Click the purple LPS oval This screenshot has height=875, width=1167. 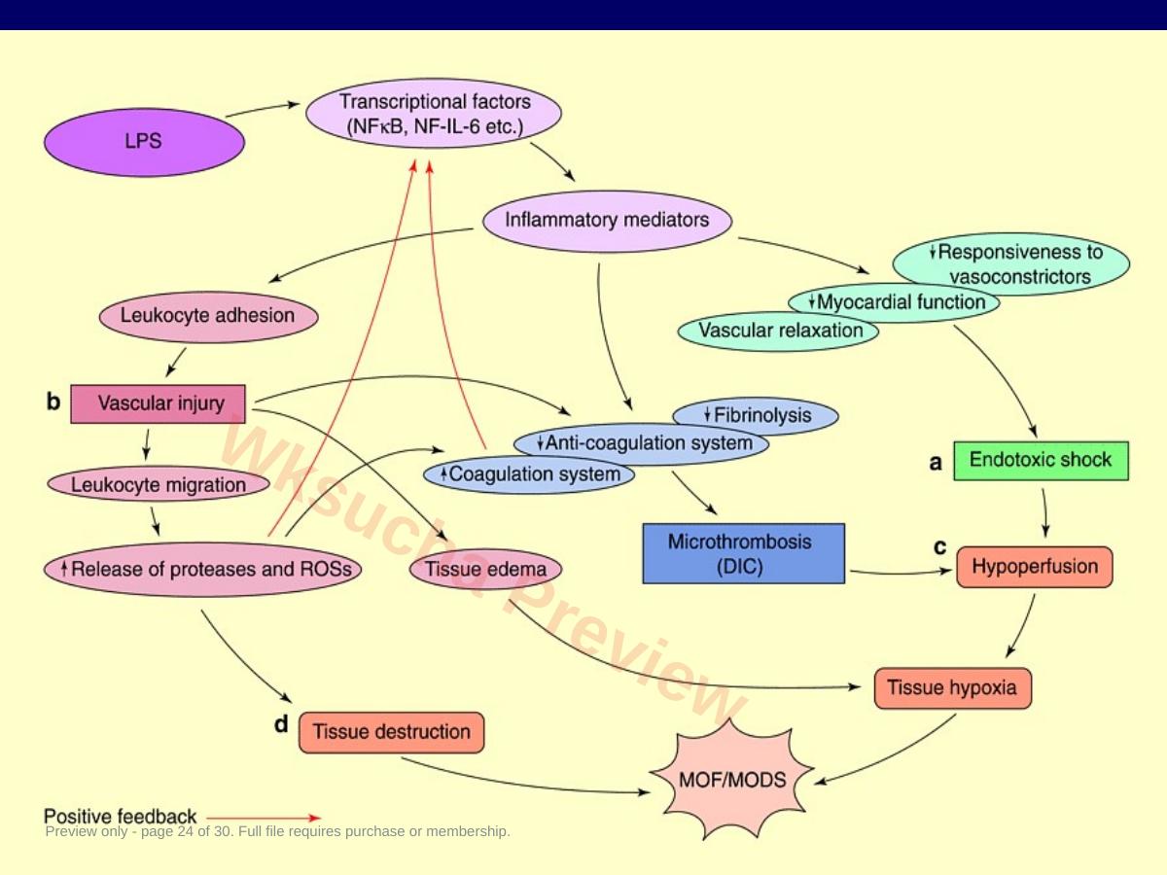coord(144,142)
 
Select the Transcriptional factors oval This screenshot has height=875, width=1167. coord(434,113)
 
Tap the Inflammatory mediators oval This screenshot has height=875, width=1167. coord(607,221)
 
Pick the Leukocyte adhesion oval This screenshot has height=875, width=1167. coord(208,316)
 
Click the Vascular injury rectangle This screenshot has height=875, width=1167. coord(158,403)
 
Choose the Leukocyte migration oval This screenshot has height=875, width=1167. coord(159,484)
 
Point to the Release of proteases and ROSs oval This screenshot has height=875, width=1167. coord(202,569)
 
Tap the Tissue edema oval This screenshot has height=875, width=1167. coord(485,570)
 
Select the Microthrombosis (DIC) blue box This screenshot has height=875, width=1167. coord(743,553)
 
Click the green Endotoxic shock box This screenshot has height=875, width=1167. coord(1041,461)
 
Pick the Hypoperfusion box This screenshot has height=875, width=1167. coord(1034,567)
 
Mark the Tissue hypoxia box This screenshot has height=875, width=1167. coord(953,688)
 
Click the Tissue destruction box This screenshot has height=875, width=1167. coord(391,733)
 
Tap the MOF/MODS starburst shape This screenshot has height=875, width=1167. coord(731,780)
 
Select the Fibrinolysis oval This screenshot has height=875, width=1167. coord(756,416)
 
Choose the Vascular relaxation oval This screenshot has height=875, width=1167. coord(778,331)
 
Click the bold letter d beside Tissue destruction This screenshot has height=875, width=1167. coord(281,723)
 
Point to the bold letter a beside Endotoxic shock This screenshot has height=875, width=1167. coord(936,463)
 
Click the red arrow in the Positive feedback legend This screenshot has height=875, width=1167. coord(264,818)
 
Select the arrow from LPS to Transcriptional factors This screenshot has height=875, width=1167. coord(263,110)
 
